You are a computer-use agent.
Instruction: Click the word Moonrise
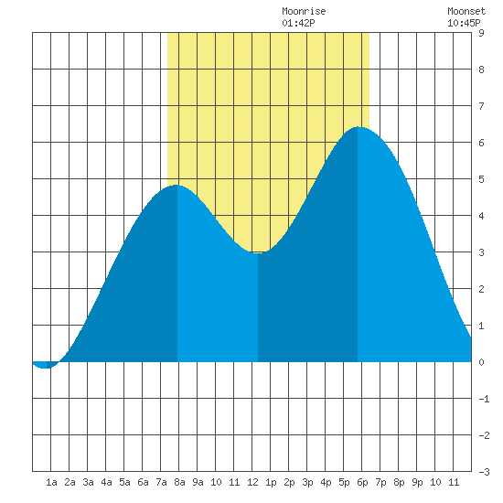coord(304,11)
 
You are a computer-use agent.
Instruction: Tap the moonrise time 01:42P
coord(298,23)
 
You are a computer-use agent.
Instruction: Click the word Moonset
coord(466,11)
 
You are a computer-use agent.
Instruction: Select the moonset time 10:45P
coord(464,23)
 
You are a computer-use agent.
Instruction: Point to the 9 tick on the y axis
coord(481,33)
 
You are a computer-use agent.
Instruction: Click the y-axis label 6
coord(481,143)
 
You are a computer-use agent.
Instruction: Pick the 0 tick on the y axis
coord(481,362)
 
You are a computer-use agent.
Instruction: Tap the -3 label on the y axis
coord(484,472)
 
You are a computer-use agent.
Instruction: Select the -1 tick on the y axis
coord(484,399)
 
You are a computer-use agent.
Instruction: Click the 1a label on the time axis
coord(51,482)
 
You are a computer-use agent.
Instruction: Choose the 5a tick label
coord(124,482)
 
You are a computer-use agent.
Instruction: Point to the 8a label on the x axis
coord(179,482)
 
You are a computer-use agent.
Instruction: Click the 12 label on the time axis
coord(252,482)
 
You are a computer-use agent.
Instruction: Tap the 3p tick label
coord(307,482)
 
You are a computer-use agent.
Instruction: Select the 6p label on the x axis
coord(362,482)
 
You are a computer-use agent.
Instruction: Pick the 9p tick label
coord(417,482)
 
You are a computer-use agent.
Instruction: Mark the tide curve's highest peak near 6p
coord(359,127)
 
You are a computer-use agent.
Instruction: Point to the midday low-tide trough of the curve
coord(258,252)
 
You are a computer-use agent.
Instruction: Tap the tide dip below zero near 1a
coord(45,368)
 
